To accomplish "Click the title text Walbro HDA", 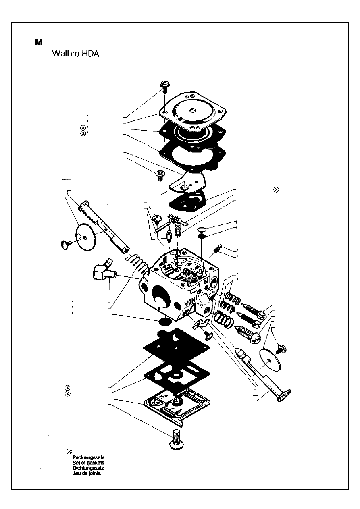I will [x=75, y=54].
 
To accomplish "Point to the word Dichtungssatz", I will [x=88, y=468].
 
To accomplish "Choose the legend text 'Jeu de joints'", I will [x=87, y=474].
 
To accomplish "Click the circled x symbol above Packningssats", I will [x=69, y=451].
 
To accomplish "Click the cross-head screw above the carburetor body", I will [x=160, y=175].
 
